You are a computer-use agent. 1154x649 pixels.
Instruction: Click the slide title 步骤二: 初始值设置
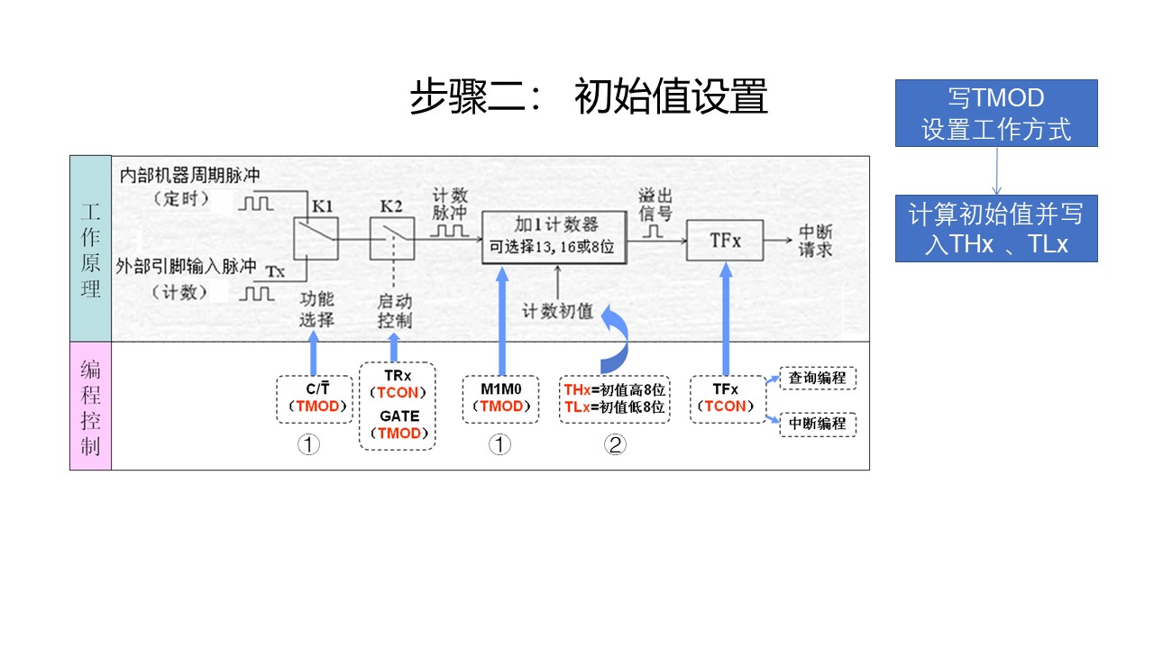click(x=588, y=97)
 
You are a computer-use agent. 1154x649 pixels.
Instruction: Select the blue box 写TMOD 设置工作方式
click(x=996, y=113)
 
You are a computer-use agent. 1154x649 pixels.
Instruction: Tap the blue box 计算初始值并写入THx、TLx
click(x=996, y=228)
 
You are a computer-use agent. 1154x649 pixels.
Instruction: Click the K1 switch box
click(x=316, y=239)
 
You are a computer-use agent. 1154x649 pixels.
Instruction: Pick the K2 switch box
click(x=392, y=239)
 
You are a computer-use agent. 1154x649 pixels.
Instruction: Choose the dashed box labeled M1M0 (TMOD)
click(x=499, y=398)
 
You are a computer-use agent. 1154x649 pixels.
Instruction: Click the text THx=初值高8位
click(x=614, y=389)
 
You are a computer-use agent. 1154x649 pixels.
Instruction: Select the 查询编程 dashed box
click(x=817, y=378)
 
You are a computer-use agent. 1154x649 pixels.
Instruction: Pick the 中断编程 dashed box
click(x=817, y=423)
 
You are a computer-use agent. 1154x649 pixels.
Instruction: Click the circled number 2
click(x=614, y=445)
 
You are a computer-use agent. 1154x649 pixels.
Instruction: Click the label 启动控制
click(x=394, y=311)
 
